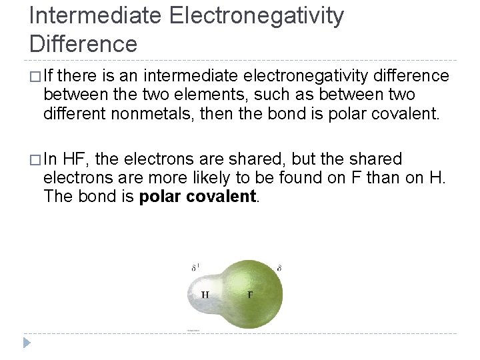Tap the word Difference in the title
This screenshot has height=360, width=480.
click(83, 43)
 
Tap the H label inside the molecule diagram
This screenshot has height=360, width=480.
click(205, 294)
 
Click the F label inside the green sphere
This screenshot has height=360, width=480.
click(250, 294)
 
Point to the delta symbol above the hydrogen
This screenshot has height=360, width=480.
click(195, 267)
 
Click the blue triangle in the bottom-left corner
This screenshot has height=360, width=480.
click(26, 343)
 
